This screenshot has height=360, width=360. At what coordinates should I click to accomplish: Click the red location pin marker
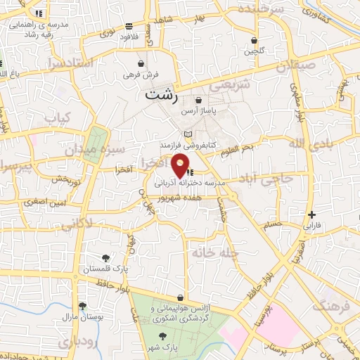[x=180, y=165]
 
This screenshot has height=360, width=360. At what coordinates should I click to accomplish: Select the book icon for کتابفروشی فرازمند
[x=187, y=134]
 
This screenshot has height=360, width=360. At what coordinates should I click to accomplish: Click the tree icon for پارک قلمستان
[x=105, y=258]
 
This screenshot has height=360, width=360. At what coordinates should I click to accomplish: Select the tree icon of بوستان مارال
[x=83, y=306]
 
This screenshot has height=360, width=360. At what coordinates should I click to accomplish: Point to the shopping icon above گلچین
[x=253, y=40]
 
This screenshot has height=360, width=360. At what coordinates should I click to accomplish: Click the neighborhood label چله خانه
[x=215, y=252]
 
